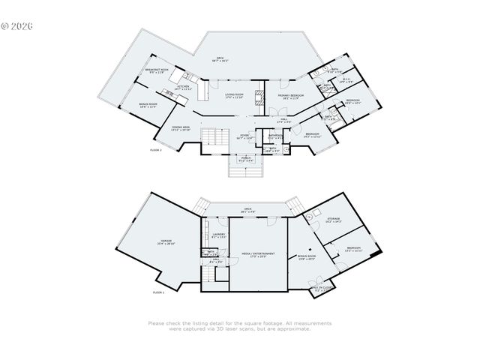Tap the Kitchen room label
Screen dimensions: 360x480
point(184,87)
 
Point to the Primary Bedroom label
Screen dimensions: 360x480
point(292,97)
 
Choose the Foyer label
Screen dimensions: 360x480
point(245,136)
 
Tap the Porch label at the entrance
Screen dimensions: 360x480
point(245,159)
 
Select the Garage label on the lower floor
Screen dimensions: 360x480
point(164,241)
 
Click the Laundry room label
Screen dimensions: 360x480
point(218,236)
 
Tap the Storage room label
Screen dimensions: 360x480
point(334,220)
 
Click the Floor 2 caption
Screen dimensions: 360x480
point(156,151)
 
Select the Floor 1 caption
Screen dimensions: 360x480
point(157,292)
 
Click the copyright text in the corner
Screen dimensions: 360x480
point(18,25)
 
